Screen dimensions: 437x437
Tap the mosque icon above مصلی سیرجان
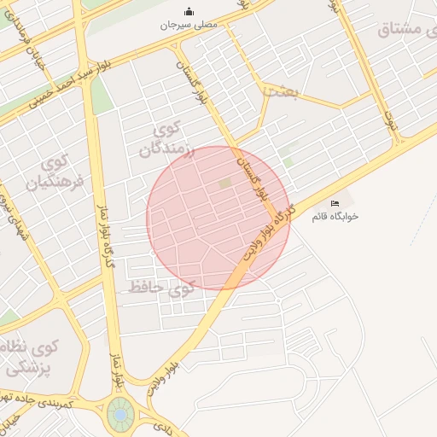189,12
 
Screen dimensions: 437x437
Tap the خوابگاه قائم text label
335,217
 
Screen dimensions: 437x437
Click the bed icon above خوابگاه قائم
335,203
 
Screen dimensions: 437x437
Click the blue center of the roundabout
121,415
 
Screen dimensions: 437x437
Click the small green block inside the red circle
224,183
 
